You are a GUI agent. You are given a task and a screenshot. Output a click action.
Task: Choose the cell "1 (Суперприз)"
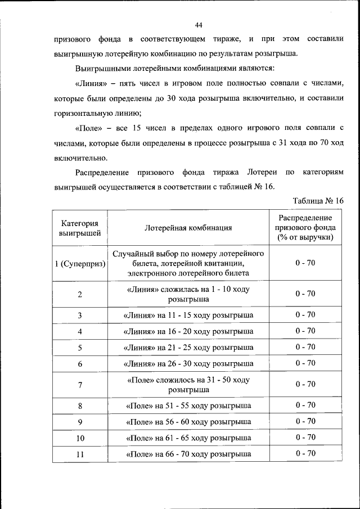click(80, 263)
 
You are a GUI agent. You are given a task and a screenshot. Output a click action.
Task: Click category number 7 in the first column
click(80, 385)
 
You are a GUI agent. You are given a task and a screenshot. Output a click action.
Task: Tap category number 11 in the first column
click(80, 454)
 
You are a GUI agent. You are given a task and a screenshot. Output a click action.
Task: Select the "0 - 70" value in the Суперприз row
click(305, 263)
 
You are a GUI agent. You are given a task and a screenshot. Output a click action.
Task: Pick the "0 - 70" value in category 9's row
click(305, 421)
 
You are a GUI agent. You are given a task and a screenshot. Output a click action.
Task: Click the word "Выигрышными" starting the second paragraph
click(102, 68)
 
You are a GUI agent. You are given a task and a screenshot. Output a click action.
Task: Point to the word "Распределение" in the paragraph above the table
click(103, 172)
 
